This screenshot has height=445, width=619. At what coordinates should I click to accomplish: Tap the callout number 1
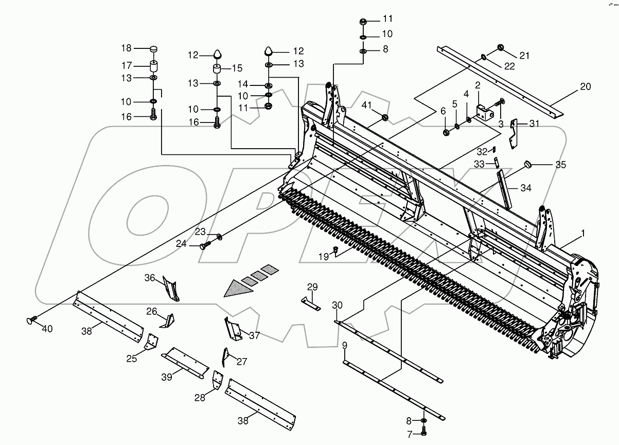[582, 234]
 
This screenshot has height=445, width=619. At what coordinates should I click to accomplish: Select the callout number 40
[47, 329]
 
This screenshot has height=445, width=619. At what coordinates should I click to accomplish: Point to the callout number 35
[560, 165]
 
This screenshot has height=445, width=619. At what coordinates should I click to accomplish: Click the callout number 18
[126, 48]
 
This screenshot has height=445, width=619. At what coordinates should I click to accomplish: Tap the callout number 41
[366, 105]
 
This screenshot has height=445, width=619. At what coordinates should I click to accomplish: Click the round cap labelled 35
[528, 164]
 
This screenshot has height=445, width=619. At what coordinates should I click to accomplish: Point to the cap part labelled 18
[153, 49]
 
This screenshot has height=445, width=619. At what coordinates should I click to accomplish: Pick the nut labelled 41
[385, 119]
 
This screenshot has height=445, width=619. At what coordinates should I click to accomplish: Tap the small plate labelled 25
[151, 342]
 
